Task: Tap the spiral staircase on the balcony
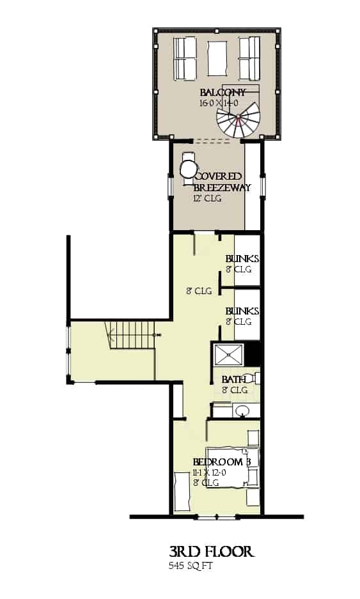pos(238,118)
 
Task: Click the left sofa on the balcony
pos(185,57)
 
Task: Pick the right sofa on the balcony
pos(249,57)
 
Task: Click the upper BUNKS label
pos(242,259)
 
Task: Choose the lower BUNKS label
pos(242,311)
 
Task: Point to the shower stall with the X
pos(228,354)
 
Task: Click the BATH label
pos(233,379)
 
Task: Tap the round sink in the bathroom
pos(242,410)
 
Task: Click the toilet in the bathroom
pos(254,378)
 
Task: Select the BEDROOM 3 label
pos(221,462)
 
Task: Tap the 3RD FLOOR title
pos(211,552)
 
